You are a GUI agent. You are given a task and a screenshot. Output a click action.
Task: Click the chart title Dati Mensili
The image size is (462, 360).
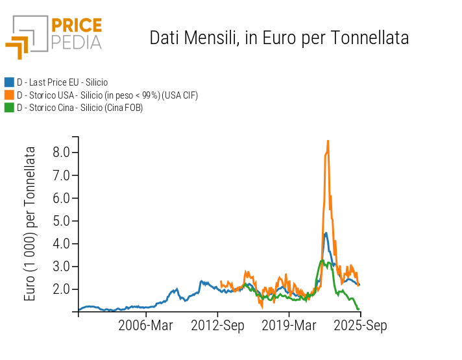pyautogui.click(x=279, y=38)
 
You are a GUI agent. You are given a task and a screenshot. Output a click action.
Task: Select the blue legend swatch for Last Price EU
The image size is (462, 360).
pyautogui.click(x=9, y=82)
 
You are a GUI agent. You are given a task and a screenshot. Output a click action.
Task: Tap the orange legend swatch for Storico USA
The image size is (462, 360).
pyautogui.click(x=9, y=95)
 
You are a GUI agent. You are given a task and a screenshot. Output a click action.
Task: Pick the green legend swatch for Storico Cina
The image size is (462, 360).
pyautogui.click(x=9, y=108)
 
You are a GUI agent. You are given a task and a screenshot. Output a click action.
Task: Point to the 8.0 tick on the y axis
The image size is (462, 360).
pyautogui.click(x=62, y=152)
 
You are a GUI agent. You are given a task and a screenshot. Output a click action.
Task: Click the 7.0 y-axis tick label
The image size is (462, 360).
pyautogui.click(x=62, y=175)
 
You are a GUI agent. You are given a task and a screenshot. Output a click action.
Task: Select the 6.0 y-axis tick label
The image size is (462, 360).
pyautogui.click(x=62, y=198)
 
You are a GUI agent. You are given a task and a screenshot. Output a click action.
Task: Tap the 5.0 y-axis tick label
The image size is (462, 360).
pyautogui.click(x=62, y=221)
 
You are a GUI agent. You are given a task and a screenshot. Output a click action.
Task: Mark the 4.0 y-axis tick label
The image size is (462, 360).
pyautogui.click(x=62, y=243)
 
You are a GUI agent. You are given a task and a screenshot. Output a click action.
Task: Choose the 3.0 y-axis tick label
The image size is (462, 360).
pyautogui.click(x=62, y=266)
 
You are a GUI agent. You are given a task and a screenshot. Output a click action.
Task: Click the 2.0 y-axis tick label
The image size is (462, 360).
pyautogui.click(x=62, y=289)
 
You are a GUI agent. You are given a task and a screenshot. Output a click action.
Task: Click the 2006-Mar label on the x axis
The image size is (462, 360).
pyautogui.click(x=145, y=326)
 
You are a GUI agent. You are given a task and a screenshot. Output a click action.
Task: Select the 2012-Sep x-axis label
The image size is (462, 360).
pyautogui.click(x=217, y=326)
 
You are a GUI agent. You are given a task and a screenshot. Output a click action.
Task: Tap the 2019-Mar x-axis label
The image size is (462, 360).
pyautogui.click(x=289, y=326)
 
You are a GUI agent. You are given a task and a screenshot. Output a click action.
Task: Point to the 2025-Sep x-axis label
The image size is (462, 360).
pyautogui.click(x=360, y=326)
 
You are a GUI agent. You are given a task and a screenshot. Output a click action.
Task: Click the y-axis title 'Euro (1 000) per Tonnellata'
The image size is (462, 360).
pyautogui.click(x=30, y=223)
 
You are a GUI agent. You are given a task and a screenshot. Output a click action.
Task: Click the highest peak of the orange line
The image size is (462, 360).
pyautogui.click(x=328, y=141)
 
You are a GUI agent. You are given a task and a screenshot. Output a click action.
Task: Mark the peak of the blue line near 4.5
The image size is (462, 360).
pyautogui.click(x=326, y=233)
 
